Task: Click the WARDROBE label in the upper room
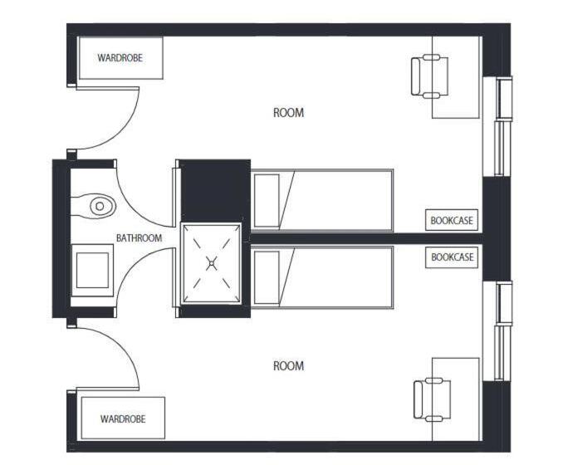pyautogui.click(x=120, y=59)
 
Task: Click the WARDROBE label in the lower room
pyautogui.click(x=122, y=418)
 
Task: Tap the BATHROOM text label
pyautogui.click(x=139, y=238)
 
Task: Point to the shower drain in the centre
pyautogui.click(x=212, y=264)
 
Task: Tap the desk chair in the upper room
pyautogui.click(x=429, y=76)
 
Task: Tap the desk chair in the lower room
pyautogui.click(x=431, y=399)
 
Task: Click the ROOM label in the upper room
pyautogui.click(x=288, y=113)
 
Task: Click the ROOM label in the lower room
pyautogui.click(x=288, y=366)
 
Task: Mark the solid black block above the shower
pyautogui.click(x=215, y=189)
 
